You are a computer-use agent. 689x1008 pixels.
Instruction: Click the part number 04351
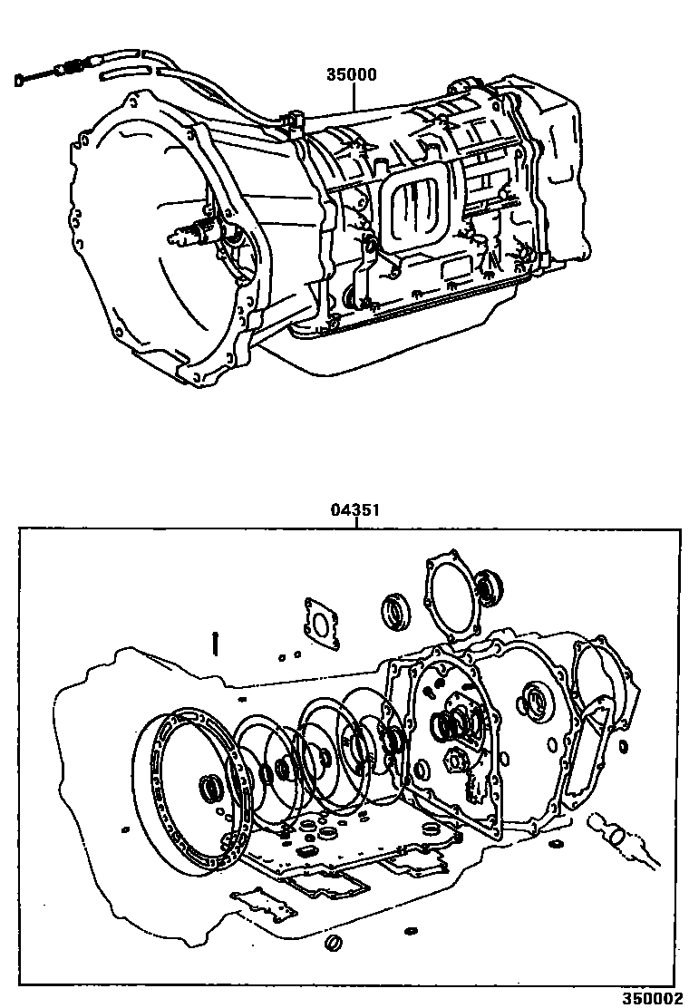(354, 511)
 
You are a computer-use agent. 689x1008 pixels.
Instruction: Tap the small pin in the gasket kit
(214, 642)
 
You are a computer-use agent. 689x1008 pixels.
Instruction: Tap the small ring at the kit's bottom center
(333, 944)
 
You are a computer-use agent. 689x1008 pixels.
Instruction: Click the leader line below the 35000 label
(354, 96)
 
